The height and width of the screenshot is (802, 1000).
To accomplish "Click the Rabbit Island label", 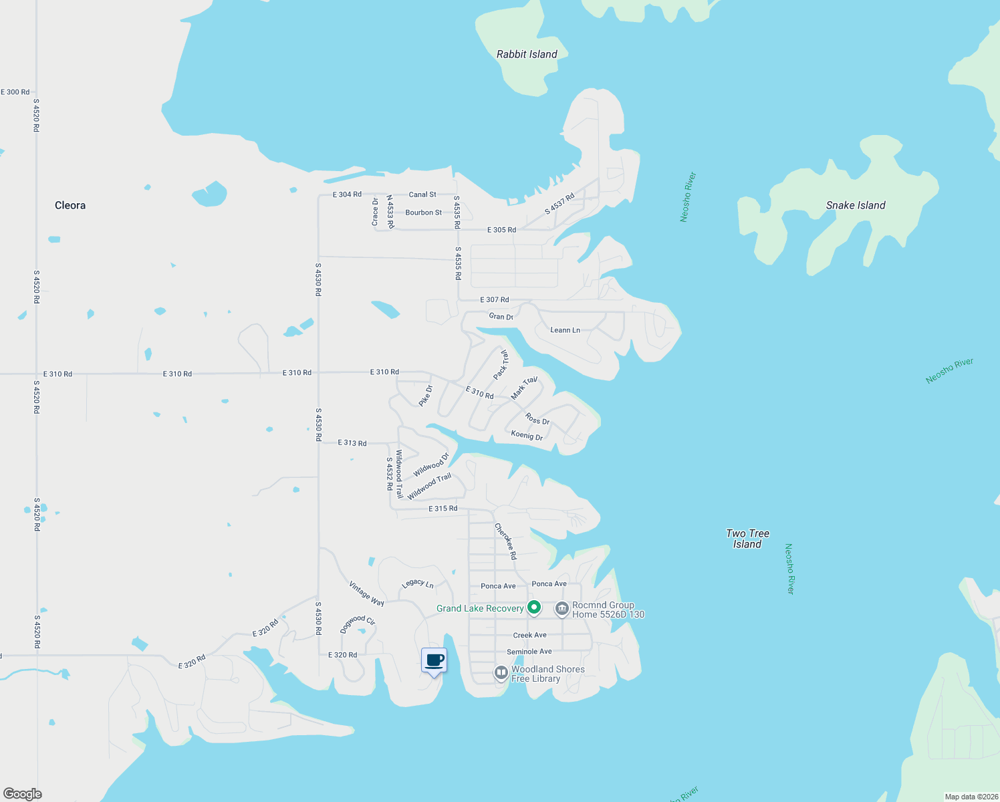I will pyautogui.click(x=527, y=54).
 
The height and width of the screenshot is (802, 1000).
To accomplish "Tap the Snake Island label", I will pyautogui.click(x=856, y=205).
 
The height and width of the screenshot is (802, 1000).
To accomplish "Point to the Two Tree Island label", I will pyautogui.click(x=747, y=539).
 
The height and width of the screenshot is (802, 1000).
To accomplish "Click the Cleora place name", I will pyautogui.click(x=70, y=205).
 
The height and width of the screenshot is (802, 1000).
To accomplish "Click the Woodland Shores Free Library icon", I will pyautogui.click(x=501, y=673).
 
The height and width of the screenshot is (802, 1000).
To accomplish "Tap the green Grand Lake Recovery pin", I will pyautogui.click(x=533, y=608).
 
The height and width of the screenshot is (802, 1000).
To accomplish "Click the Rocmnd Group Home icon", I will pyautogui.click(x=561, y=609).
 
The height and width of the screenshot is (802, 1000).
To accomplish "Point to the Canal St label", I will pyautogui.click(x=422, y=194).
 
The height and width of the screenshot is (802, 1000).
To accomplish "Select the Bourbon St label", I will pyautogui.click(x=424, y=213).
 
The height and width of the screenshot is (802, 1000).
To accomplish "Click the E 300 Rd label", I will pyautogui.click(x=15, y=92).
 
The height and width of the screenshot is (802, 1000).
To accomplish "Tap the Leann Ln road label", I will pyautogui.click(x=565, y=330).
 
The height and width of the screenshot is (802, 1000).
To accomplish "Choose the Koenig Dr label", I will pyautogui.click(x=527, y=435).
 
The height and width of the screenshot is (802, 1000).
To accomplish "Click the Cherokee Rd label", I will pyautogui.click(x=505, y=541).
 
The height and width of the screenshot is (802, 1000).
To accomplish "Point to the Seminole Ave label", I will pyautogui.click(x=529, y=652).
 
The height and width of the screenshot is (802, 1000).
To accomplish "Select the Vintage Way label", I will pyautogui.click(x=366, y=593).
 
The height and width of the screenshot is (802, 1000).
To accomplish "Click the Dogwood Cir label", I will pyautogui.click(x=358, y=624).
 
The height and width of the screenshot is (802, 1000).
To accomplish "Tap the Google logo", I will pyautogui.click(x=23, y=793).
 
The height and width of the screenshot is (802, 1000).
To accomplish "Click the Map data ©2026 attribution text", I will pyautogui.click(x=971, y=797).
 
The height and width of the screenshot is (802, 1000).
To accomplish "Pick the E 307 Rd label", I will pyautogui.click(x=495, y=300).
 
